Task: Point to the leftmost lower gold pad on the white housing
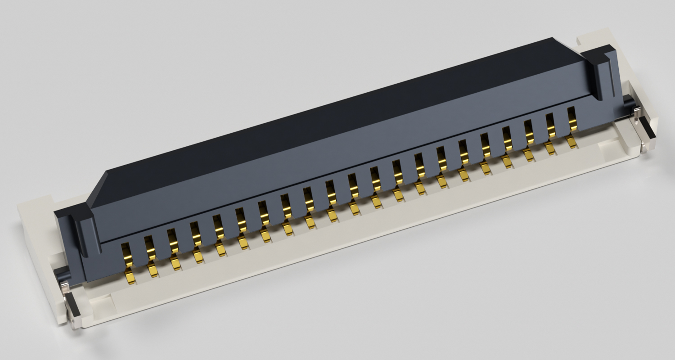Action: tap(130, 277)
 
